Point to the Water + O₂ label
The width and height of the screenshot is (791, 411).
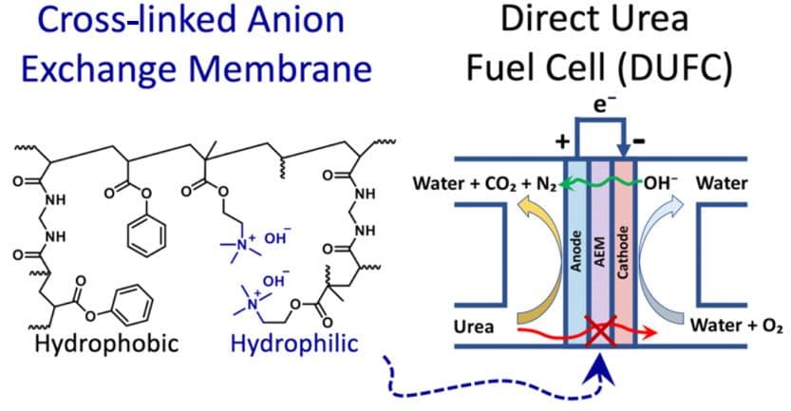[x=737, y=327]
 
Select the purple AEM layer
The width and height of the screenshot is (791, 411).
[x=600, y=256]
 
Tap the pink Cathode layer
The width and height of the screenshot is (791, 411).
[x=623, y=256]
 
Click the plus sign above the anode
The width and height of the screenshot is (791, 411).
[x=562, y=142]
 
